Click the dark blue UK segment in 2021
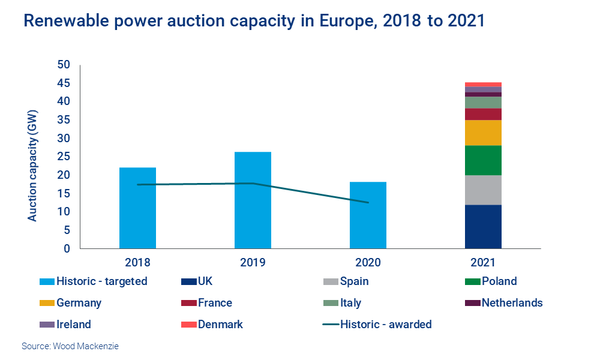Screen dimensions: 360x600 point(483,226)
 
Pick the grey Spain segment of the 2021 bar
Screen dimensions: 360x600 point(483,190)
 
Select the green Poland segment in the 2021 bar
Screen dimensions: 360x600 point(483,160)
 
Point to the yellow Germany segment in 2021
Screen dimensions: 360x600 point(483,133)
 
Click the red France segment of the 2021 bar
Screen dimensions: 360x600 point(483,114)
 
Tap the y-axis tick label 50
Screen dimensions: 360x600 point(64,65)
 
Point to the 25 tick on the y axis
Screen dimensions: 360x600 point(64,157)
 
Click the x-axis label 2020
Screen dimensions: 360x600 point(368,262)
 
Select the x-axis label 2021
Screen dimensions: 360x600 point(483,262)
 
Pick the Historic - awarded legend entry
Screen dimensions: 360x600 point(386,325)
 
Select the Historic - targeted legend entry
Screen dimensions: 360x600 point(101,281)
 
